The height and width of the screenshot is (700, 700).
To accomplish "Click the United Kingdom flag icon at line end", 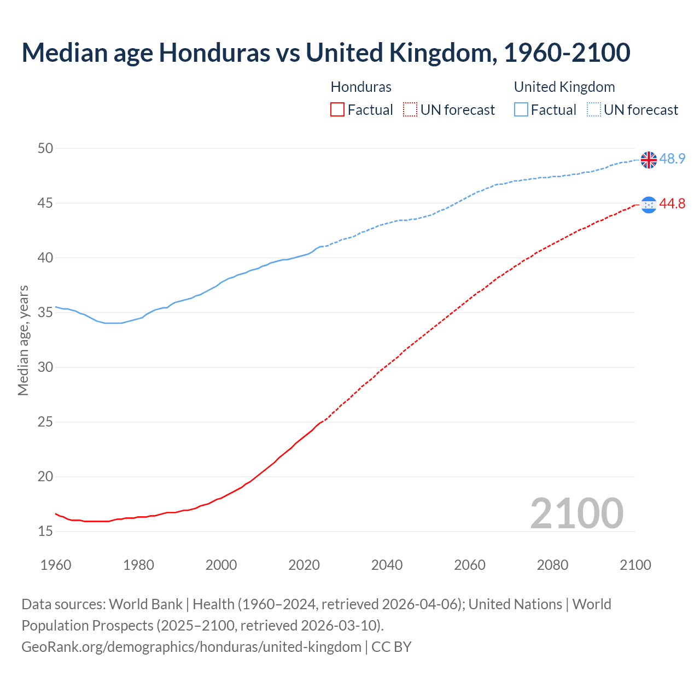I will point(649,160).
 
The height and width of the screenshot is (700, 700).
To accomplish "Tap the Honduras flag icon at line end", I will point(649,205).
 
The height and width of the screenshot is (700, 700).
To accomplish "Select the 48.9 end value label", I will point(672,159).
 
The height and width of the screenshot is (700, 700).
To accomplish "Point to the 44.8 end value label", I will point(672,204).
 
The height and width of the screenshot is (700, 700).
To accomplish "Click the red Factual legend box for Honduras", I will point(337,110).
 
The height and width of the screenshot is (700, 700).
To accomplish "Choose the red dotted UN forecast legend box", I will point(410,110).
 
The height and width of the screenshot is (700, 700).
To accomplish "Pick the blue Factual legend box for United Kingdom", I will point(521,110).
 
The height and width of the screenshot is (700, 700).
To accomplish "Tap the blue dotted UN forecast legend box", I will point(594,110).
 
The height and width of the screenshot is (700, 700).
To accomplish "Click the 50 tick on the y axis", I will point(45,148).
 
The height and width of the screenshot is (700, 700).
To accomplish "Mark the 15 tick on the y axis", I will point(45,531).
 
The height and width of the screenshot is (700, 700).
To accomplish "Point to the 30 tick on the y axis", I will point(45,367).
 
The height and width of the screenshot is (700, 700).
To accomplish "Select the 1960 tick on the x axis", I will point(56,565).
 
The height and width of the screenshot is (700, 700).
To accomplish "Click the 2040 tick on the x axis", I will point(387,565).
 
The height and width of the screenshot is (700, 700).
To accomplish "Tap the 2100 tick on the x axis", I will point(635,565).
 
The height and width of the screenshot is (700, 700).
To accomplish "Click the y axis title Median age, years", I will point(23,340).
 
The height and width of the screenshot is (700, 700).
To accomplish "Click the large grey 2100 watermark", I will point(576,514).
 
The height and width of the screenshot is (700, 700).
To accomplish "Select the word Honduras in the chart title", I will point(214,52).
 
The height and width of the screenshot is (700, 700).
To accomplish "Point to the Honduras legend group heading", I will point(361,87).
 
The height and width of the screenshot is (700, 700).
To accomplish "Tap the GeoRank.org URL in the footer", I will point(191,647).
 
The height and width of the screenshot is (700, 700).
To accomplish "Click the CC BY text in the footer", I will point(392,647).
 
